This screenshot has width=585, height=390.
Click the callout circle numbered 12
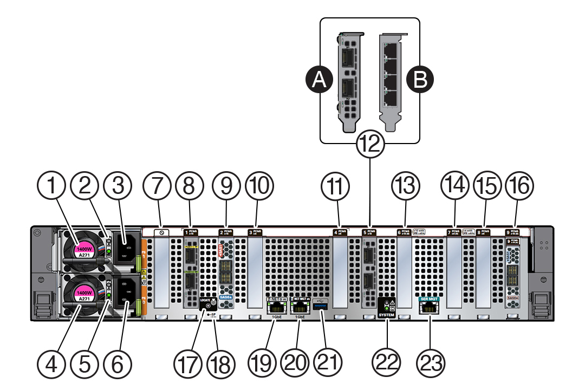[x=370, y=145]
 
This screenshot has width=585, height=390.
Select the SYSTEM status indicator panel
[x=388, y=307]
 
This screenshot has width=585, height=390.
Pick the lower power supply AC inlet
[x=125, y=291]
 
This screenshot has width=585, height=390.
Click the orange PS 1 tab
[x=144, y=254]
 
